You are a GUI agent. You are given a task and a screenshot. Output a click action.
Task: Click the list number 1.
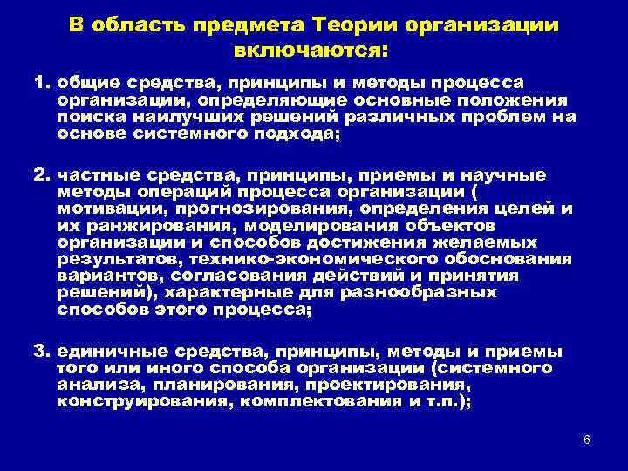[x=40, y=83]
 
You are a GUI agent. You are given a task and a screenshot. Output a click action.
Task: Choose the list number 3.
[x=40, y=352]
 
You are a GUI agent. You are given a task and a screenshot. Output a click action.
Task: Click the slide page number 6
[x=587, y=439]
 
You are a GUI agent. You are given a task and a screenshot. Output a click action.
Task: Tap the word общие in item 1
[x=85, y=83]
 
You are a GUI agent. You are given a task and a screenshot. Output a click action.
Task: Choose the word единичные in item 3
[x=103, y=352]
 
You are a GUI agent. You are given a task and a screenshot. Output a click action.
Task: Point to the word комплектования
[x=315, y=401]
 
